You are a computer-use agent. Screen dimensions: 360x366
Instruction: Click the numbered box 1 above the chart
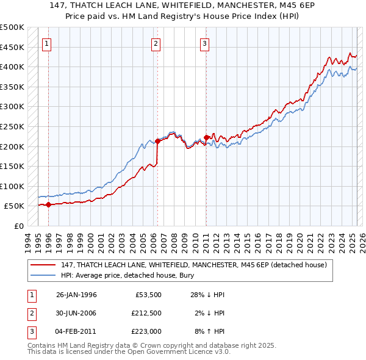pyautogui.click(x=47, y=43)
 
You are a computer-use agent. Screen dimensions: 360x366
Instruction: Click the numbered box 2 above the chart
pyautogui.click(x=156, y=43)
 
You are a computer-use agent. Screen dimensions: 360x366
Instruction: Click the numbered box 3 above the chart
pyautogui.click(x=204, y=43)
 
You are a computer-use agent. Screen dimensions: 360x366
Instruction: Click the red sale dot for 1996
pyautogui.click(x=48, y=205)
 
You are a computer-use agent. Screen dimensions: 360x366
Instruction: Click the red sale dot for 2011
pyautogui.click(x=206, y=137)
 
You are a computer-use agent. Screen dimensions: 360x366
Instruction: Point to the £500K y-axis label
pyautogui.click(x=12, y=27)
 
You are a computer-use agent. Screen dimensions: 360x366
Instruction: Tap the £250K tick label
pyautogui.click(x=12, y=126)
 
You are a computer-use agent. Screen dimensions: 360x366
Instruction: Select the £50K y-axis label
pyautogui.click(x=15, y=206)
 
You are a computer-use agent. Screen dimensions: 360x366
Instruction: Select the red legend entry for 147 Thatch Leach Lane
pyautogui.click(x=194, y=265)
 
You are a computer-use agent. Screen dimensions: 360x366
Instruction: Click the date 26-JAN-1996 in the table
pyautogui.click(x=76, y=295)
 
